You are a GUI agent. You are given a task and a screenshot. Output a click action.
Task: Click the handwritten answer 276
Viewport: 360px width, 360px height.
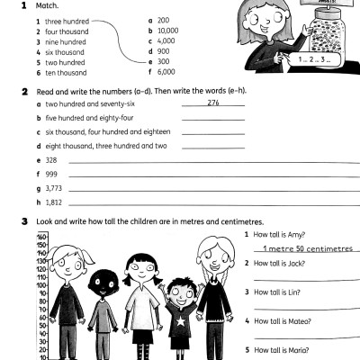point(212,103)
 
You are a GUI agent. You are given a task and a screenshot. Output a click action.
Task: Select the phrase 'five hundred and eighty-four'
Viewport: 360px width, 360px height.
point(91,118)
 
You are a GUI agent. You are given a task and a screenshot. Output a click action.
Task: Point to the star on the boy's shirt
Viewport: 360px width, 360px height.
point(180,320)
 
